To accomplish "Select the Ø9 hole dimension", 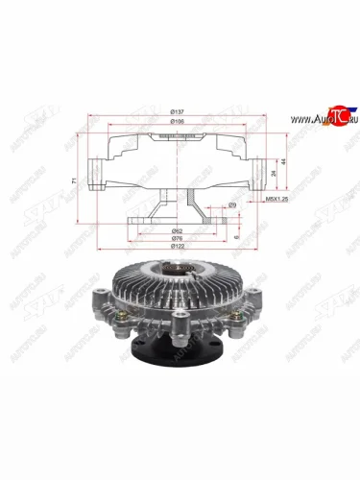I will pyautogui.click(x=232, y=205).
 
